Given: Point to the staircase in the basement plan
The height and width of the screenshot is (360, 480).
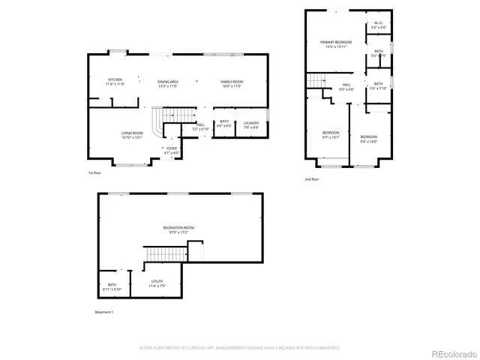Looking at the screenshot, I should point(163,255).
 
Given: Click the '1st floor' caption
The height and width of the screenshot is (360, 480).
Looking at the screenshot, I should point(95,173).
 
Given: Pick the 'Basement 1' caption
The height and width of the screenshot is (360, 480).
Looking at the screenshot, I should point(104,312).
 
